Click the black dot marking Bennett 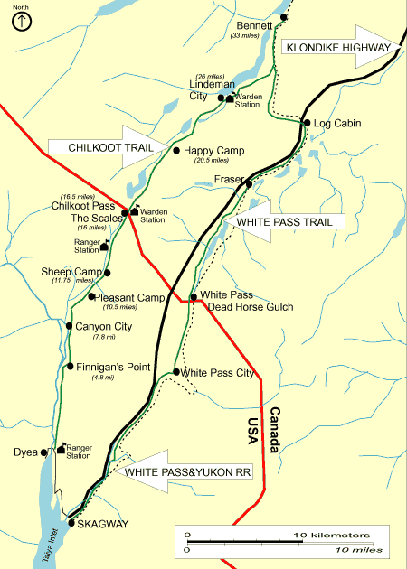click(284, 17)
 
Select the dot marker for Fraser click(249, 183)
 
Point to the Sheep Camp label click(69, 271)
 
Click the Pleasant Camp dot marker click(91, 296)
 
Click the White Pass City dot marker click(175, 372)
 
